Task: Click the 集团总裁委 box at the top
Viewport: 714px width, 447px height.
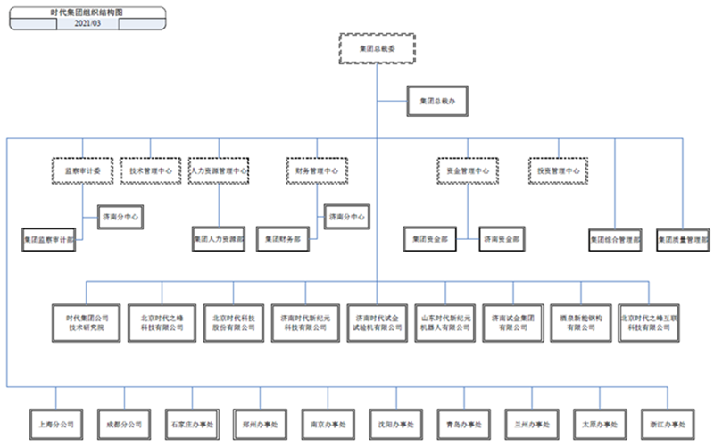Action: tap(377, 50)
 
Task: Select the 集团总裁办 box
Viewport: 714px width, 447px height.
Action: tap(436, 102)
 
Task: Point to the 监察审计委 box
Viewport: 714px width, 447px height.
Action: tap(83, 170)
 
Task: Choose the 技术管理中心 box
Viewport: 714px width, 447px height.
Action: tap(150, 170)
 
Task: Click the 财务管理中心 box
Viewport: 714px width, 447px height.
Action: tap(317, 170)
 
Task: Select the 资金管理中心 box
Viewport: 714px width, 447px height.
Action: tap(468, 170)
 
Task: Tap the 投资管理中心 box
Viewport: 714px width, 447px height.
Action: tap(559, 170)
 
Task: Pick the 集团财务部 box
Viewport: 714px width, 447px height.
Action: tap(284, 239)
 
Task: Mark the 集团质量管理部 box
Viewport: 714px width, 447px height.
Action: tap(683, 239)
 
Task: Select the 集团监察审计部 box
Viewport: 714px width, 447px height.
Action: tap(50, 239)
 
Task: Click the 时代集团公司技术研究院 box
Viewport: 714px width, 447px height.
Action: tap(87, 322)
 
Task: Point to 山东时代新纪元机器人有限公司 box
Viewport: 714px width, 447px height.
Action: tap(444, 322)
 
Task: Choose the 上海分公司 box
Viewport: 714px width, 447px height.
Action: tap(55, 423)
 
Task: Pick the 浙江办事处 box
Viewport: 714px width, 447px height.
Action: tap(668, 423)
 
